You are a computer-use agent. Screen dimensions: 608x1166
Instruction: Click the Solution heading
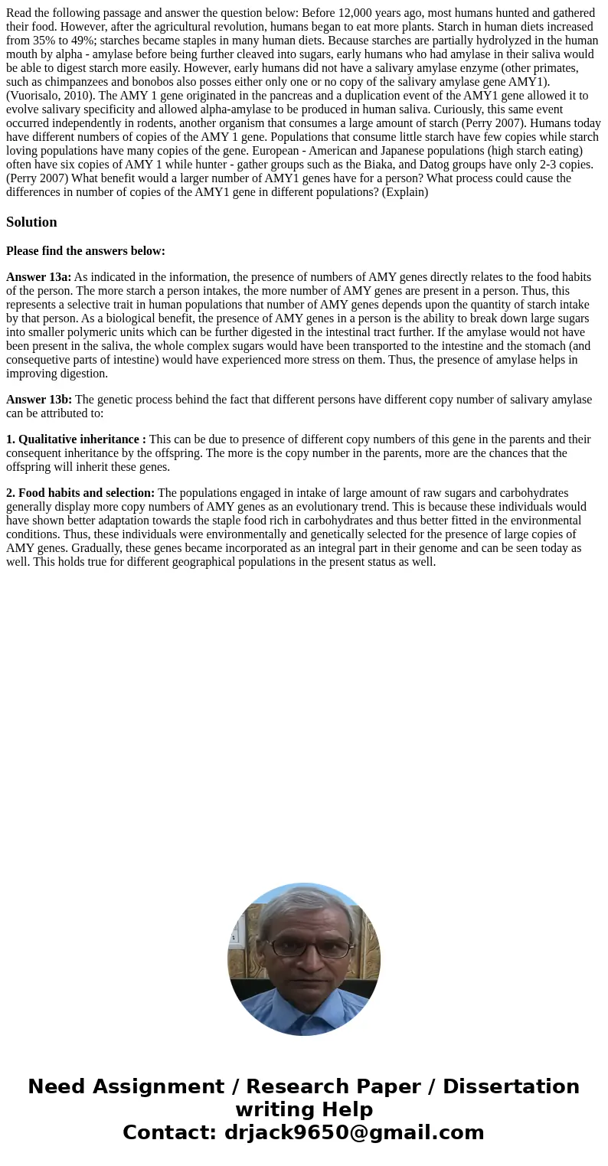31,222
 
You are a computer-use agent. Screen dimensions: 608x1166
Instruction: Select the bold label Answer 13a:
38,277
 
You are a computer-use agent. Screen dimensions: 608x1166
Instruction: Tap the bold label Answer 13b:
39,400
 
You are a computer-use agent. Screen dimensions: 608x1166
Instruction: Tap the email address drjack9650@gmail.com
354,1133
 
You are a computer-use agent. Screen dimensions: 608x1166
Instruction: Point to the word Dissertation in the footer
511,1087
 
